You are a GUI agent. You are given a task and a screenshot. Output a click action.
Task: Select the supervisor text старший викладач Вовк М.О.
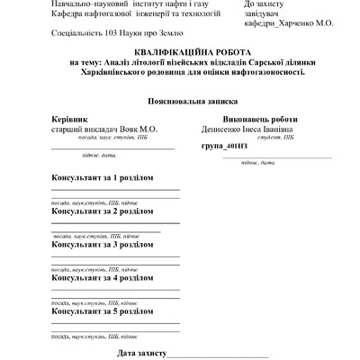pos(104,129)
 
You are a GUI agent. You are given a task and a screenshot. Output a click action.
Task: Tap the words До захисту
pos(267,4)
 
